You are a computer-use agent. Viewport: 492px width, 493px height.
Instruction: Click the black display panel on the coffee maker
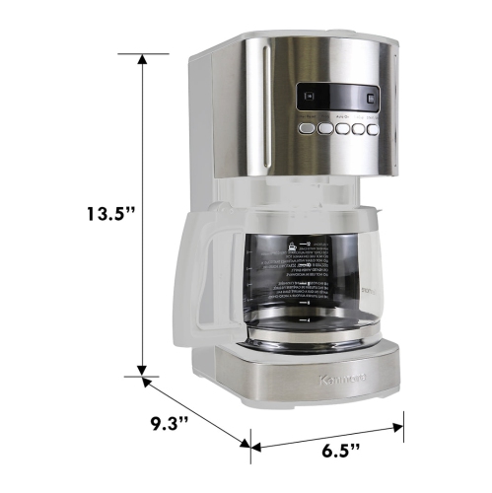click(x=338, y=97)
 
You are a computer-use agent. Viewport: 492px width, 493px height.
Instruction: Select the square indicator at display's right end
click(x=370, y=97)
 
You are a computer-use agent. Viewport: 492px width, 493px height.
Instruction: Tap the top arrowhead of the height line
click(x=144, y=59)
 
